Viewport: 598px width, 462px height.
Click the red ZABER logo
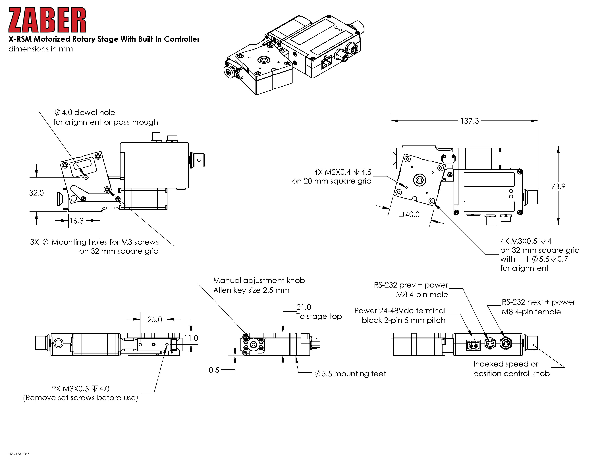pyautogui.click(x=47, y=20)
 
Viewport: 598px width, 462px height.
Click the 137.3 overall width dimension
pyautogui.click(x=469, y=121)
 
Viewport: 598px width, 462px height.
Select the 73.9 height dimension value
pyautogui.click(x=558, y=187)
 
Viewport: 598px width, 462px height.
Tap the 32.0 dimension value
pyautogui.click(x=36, y=193)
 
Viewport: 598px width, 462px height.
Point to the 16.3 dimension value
pyautogui.click(x=76, y=221)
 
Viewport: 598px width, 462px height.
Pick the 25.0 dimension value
pyautogui.click(x=155, y=319)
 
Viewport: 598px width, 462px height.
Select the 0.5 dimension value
pyautogui.click(x=214, y=370)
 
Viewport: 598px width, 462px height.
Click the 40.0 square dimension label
pyautogui.click(x=412, y=215)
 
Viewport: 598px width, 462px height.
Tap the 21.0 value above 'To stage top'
pyautogui.click(x=304, y=307)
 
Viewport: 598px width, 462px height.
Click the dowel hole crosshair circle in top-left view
pyautogui.click(x=86, y=177)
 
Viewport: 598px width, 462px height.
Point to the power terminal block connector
pyautogui.click(x=473, y=345)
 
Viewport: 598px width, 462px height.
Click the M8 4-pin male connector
pyautogui.click(x=490, y=343)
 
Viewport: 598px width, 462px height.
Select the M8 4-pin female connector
pyautogui.click(x=505, y=343)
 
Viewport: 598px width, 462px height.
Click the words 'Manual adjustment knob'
pyautogui.click(x=259, y=280)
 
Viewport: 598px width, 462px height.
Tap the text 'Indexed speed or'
pyautogui.click(x=505, y=364)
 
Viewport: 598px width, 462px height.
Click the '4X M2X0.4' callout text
pyautogui.click(x=332, y=172)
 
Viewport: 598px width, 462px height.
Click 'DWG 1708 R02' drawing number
pyautogui.click(x=18, y=454)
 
